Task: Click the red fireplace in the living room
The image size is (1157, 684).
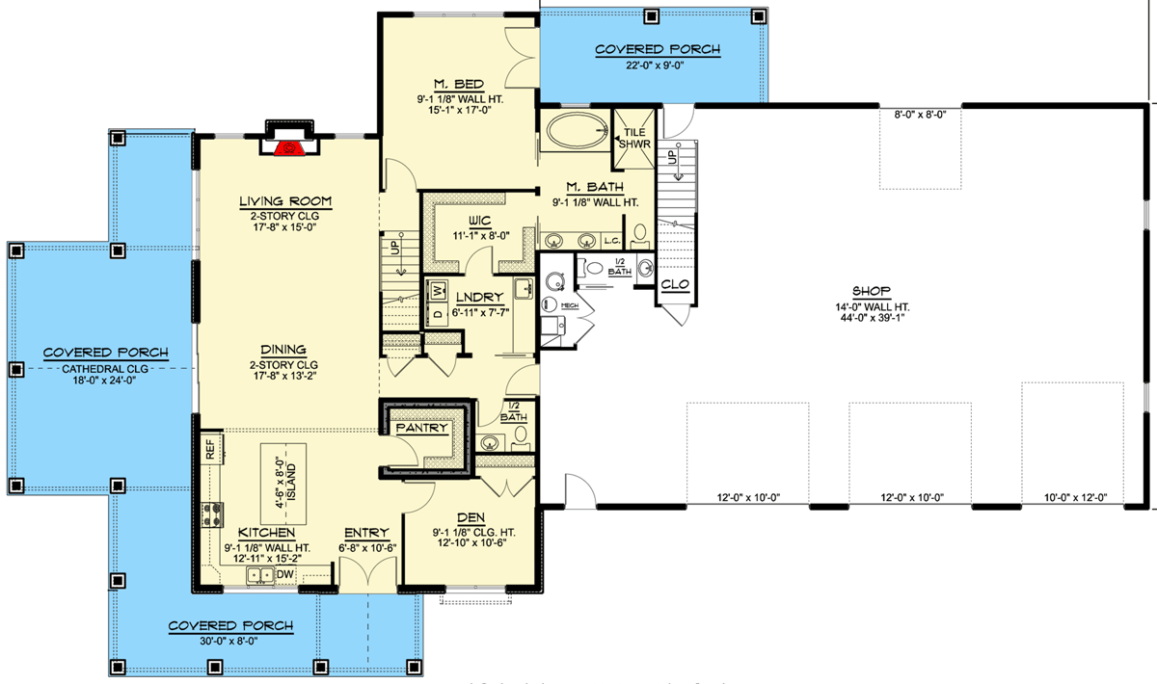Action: (286, 147)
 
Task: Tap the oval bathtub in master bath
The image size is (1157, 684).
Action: (574, 131)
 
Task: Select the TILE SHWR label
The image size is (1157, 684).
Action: (635, 138)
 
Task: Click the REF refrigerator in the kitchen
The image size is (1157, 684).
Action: (210, 448)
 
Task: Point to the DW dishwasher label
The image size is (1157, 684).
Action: (284, 575)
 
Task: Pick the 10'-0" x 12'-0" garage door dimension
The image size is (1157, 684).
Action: (1074, 498)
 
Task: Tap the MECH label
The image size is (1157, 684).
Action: (569, 304)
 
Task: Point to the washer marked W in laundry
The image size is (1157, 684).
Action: (438, 290)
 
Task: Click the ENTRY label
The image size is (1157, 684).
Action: (366, 533)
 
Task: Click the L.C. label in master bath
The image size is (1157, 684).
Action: (612, 240)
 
